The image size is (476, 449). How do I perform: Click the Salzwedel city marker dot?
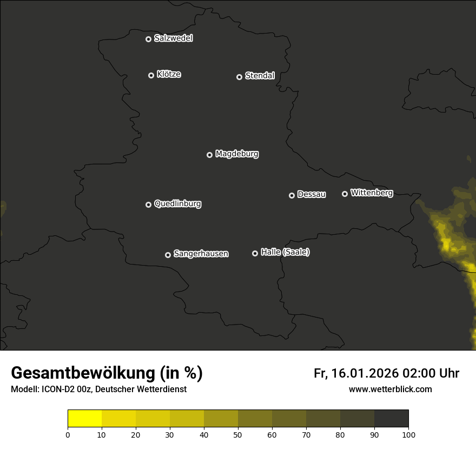148,39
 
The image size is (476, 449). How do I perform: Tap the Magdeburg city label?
237,154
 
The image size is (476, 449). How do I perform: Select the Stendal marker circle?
239,77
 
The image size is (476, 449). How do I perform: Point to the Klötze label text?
169,75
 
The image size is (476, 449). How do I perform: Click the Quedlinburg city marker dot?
148,204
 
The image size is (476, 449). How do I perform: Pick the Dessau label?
312,195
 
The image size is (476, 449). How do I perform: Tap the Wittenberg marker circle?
345,194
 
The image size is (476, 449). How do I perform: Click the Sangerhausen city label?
201,254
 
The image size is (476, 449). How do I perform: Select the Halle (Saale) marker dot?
255,253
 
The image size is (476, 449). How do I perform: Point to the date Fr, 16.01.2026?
356,373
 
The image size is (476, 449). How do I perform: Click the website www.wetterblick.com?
390,389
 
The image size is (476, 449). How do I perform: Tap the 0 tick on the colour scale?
68,434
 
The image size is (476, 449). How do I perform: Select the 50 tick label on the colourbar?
238,434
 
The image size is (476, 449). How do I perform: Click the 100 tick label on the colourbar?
408,434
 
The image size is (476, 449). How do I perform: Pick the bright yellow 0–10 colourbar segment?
84,419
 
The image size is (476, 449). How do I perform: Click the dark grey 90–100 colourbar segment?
391,419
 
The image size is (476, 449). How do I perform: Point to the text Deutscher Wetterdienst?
141,389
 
